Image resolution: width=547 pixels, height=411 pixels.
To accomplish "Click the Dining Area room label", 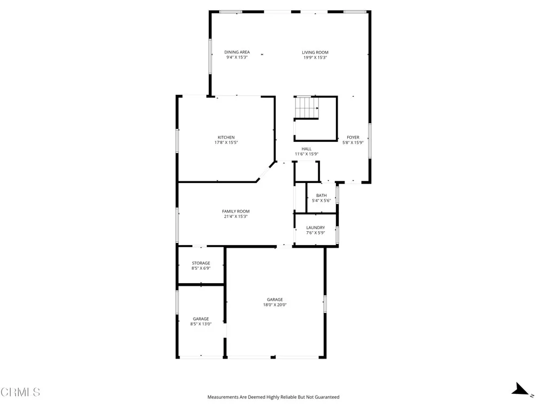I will click(x=237, y=52).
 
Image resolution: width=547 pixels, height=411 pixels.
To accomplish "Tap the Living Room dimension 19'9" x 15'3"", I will click(x=315, y=57).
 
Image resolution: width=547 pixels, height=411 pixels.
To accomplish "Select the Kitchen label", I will click(x=226, y=138).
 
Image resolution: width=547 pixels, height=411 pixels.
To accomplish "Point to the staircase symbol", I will click(x=307, y=108).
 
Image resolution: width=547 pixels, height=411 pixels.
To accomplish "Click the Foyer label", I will click(x=353, y=138).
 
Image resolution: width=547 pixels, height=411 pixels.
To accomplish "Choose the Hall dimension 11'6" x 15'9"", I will click(x=307, y=154).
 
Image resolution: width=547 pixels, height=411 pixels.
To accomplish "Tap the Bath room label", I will click(x=321, y=195).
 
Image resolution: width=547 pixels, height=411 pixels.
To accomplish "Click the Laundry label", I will click(x=315, y=227).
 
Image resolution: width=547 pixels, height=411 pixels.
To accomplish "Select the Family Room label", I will click(x=236, y=211).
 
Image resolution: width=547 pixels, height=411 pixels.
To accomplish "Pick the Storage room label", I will click(x=201, y=263).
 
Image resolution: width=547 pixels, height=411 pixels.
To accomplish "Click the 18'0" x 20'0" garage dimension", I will click(x=275, y=305).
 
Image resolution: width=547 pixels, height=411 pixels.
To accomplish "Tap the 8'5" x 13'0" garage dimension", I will click(x=201, y=324).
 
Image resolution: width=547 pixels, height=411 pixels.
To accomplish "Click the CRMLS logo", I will click(x=20, y=392).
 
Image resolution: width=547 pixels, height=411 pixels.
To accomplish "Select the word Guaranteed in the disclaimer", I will click(x=326, y=397).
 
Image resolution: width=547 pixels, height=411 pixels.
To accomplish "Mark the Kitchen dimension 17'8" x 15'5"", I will click(x=226, y=143).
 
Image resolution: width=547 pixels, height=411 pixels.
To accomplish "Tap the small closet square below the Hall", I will click(x=306, y=171).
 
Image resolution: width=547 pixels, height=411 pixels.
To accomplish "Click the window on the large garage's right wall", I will click(x=325, y=304).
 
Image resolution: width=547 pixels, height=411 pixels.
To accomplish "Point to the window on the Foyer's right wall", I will click(x=369, y=141).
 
